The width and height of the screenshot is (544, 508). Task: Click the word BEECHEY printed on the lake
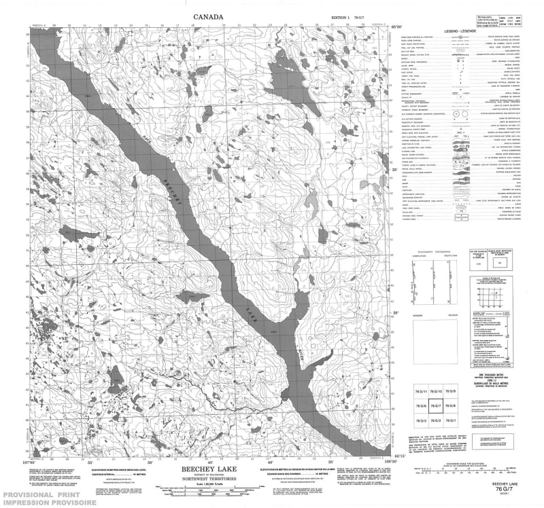(175, 194)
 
